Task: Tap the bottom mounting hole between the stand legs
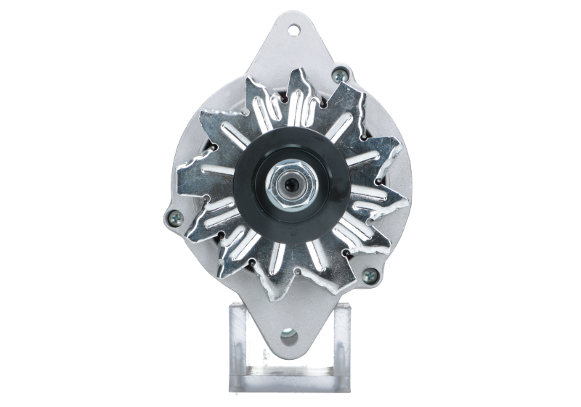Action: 289,336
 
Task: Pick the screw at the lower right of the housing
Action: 370,274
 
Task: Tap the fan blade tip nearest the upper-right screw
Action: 347,86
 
